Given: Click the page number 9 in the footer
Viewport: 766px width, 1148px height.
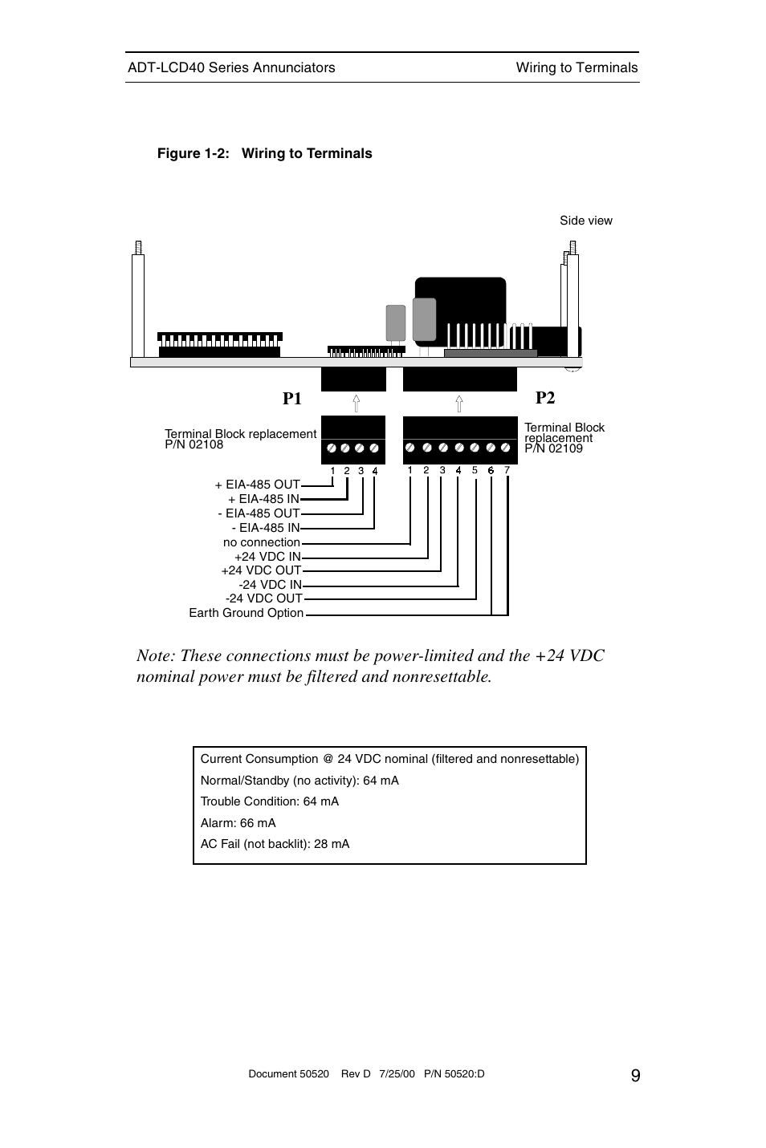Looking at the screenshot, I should [635, 1076].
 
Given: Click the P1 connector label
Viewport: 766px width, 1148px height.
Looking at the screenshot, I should [292, 399].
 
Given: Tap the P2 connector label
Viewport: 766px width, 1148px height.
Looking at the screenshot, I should [545, 398].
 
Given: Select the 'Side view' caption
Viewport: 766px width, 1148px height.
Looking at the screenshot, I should [585, 221].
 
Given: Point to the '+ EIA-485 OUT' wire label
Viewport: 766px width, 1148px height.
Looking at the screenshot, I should [257, 485].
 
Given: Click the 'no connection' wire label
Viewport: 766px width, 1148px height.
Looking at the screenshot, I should [261, 542].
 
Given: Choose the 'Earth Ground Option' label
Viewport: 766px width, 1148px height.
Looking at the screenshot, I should [246, 613].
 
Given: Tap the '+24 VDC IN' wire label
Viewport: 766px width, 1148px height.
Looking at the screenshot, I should [267, 557].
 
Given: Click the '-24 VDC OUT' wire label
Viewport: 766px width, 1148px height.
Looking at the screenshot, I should [263, 598].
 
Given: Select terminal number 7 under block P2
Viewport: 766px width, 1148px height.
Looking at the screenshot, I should [507, 470].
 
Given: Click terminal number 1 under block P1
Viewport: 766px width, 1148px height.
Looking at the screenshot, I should [332, 471].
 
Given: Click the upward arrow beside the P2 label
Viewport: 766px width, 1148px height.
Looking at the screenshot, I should [458, 403].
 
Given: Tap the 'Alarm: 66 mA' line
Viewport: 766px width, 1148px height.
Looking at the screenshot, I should [238, 822].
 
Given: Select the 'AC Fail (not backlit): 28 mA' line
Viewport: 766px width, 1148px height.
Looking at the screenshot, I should [275, 844].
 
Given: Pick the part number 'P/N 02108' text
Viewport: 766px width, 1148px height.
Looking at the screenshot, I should [194, 444].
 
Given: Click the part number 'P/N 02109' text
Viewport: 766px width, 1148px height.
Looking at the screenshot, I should [553, 448].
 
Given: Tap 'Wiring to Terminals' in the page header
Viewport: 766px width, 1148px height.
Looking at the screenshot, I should [577, 67].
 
